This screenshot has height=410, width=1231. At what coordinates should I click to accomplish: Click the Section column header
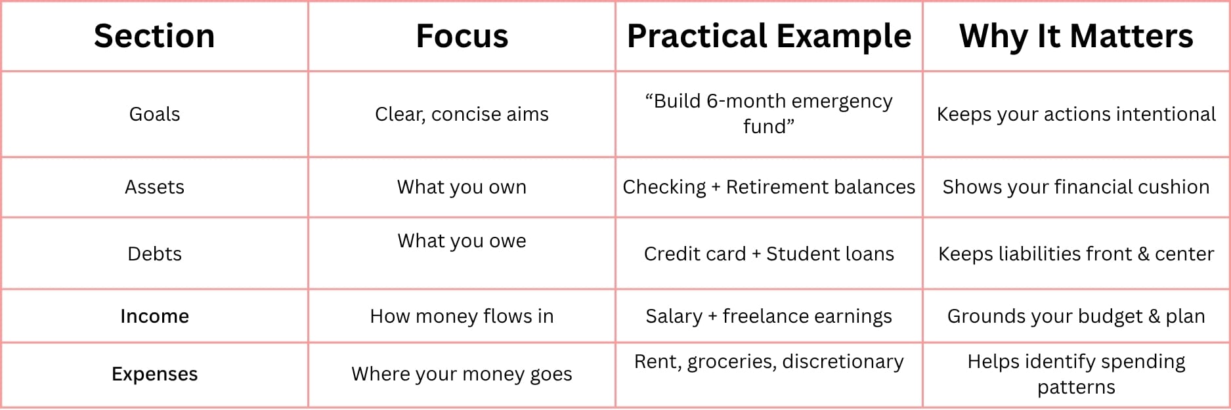pos(154,36)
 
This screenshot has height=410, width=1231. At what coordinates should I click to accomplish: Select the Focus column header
pos(462,36)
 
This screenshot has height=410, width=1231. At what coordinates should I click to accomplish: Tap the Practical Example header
pos(769,37)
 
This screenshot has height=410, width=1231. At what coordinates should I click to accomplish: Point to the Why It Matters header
pos(1076,37)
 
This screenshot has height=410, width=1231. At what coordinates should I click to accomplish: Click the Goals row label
pos(154,114)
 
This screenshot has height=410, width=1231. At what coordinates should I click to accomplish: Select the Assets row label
pos(154,187)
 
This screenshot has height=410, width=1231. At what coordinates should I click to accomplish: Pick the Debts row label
pos(154,254)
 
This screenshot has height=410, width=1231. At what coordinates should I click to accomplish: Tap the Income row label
pos(154,316)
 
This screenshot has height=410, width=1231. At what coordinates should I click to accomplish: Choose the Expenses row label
pos(154,374)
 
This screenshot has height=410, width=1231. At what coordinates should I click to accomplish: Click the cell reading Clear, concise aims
pos(462,114)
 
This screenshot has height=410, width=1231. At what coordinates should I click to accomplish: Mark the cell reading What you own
pos(462,187)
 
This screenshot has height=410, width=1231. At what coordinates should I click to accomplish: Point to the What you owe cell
pos(462,241)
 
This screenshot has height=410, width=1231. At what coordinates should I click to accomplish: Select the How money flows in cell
pos(462,316)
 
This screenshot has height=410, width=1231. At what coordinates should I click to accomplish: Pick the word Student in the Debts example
pos(793,254)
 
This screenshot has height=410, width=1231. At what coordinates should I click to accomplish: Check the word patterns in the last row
pos(1076,387)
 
